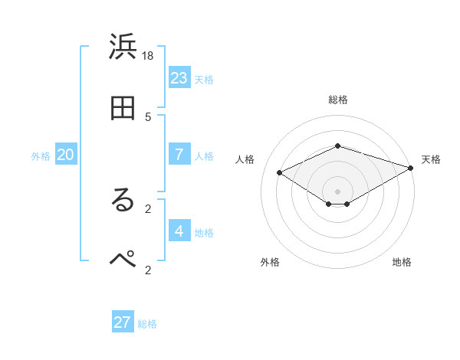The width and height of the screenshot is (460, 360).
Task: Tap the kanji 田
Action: click(x=123, y=109)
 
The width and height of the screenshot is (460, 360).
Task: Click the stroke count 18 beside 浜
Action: click(x=148, y=55)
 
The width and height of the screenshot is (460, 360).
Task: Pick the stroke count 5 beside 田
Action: click(x=148, y=116)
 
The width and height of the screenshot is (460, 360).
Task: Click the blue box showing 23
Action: click(x=179, y=78)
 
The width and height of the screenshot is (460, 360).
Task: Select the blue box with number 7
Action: click(x=179, y=155)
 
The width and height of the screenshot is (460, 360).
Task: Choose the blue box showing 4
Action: click(x=179, y=231)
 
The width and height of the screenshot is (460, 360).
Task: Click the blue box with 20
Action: click(x=66, y=155)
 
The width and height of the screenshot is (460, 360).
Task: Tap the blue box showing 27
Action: click(x=123, y=322)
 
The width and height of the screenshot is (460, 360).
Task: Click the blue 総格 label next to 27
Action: click(x=147, y=324)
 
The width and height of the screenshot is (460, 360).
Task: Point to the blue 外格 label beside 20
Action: click(x=41, y=156)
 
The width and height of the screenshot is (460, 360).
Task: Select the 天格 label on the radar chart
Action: click(x=431, y=159)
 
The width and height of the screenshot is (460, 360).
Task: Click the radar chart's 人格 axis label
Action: click(x=245, y=159)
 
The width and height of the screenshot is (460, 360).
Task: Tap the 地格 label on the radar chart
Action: click(x=402, y=262)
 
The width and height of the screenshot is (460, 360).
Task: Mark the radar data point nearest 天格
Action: click(x=412, y=169)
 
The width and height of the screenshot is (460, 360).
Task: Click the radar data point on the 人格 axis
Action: click(x=280, y=172)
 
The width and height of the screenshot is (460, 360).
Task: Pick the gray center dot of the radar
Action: click(x=337, y=191)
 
